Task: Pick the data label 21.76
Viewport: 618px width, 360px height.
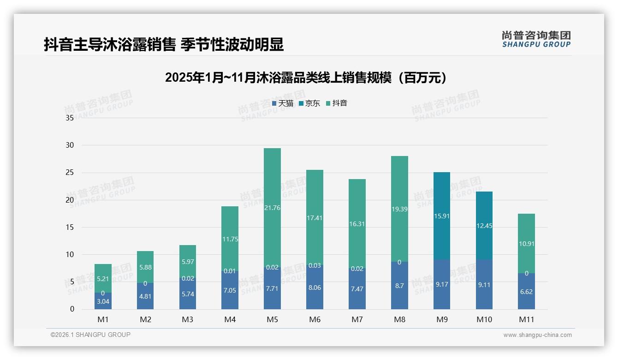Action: click(x=272, y=208)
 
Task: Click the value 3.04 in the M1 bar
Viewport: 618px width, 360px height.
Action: click(x=103, y=302)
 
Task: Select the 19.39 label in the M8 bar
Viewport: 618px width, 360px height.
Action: click(x=399, y=209)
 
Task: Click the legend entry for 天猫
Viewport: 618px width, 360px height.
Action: click(x=283, y=103)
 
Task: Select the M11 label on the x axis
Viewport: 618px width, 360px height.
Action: click(x=526, y=319)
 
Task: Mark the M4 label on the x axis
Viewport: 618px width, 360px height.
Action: click(x=230, y=319)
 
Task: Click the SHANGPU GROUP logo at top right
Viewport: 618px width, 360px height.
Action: click(x=536, y=39)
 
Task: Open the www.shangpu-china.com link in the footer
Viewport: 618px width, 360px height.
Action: click(x=537, y=335)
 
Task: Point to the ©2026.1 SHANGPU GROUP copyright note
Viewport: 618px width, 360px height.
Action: click(x=90, y=335)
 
